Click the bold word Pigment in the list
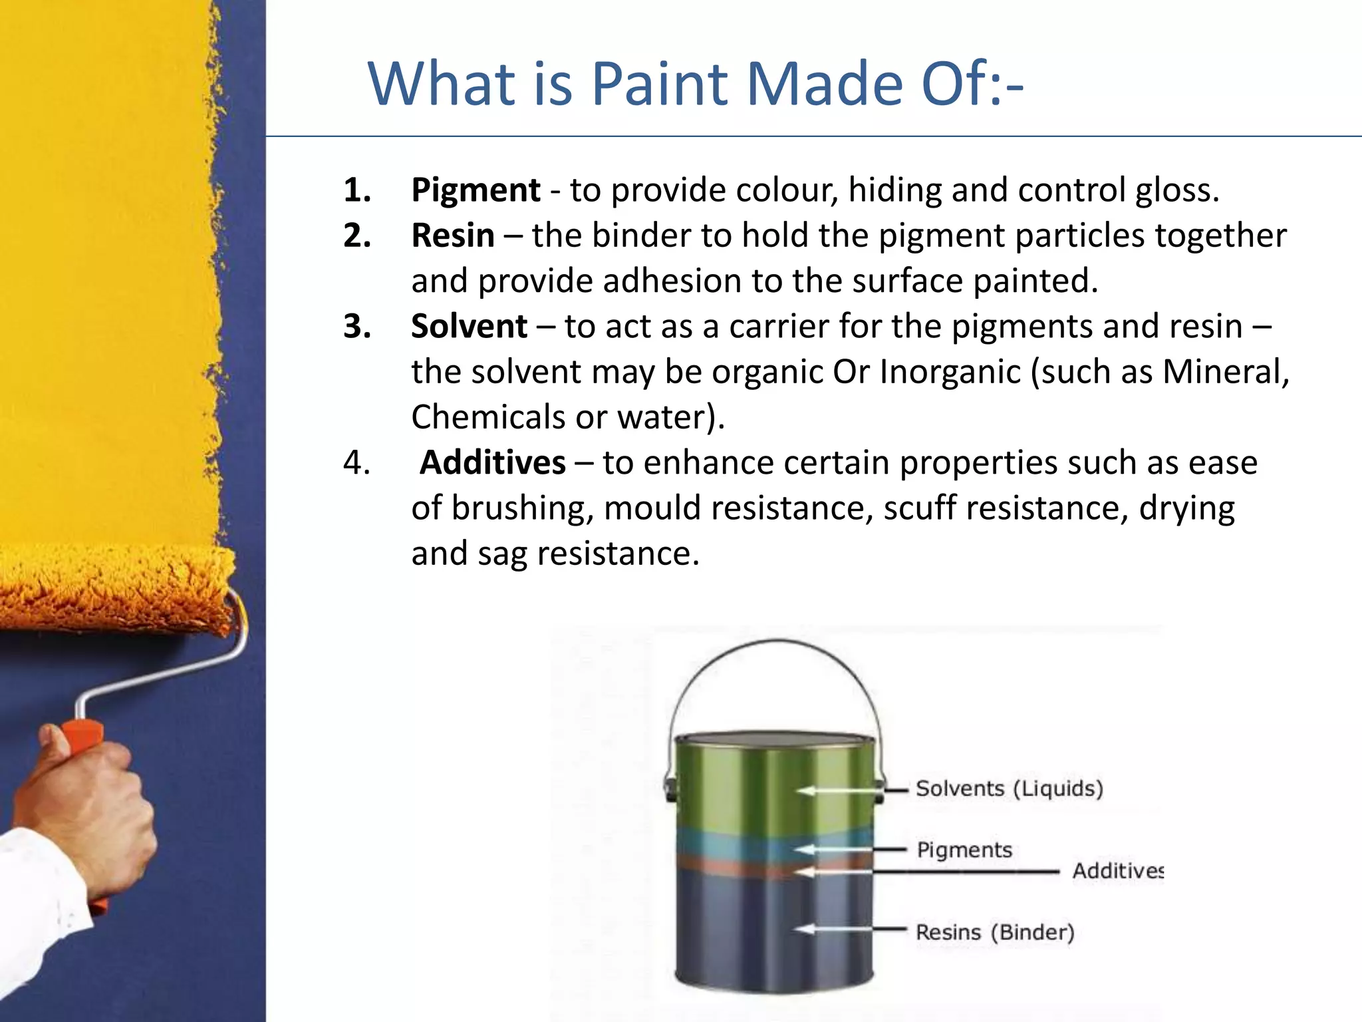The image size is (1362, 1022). coord(476,190)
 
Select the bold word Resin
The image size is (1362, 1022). coord(453,236)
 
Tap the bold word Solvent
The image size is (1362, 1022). coord(469,327)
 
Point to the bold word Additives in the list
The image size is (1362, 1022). coord(493,462)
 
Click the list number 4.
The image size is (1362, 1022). coord(356,462)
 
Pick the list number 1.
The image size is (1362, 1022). coord(356,190)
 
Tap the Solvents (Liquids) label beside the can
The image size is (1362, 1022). coord(1009,788)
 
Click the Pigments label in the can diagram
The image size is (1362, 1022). coord(964,850)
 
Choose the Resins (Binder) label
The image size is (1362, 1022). coord(995,932)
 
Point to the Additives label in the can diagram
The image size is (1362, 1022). coord(1117,871)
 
